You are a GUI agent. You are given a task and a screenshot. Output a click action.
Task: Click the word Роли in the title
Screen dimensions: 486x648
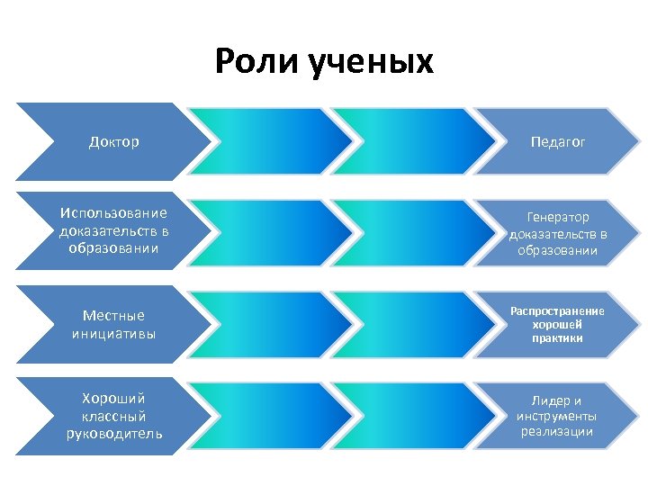pyautogui.click(x=257, y=63)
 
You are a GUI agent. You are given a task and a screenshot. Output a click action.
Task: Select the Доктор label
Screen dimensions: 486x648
pyautogui.click(x=114, y=142)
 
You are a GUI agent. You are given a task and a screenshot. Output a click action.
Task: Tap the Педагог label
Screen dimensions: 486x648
pyautogui.click(x=558, y=142)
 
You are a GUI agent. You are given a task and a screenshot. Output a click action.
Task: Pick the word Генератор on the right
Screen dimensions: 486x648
pyautogui.click(x=558, y=218)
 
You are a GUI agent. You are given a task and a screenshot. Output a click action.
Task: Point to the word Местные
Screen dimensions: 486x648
pyautogui.click(x=113, y=315)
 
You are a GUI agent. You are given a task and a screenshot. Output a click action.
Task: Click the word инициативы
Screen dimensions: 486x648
pyautogui.click(x=113, y=334)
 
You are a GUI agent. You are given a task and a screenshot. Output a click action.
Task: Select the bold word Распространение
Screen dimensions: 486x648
pyautogui.click(x=557, y=310)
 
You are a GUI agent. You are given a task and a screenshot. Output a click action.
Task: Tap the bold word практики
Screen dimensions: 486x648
pyautogui.click(x=557, y=338)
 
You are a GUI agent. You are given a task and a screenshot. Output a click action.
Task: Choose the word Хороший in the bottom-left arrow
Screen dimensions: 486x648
pyautogui.click(x=113, y=398)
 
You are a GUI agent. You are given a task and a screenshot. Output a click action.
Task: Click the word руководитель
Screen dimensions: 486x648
pyautogui.click(x=113, y=435)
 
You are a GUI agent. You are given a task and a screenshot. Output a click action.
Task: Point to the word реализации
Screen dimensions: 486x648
pyautogui.click(x=557, y=432)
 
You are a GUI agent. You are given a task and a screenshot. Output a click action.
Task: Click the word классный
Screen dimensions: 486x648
pyautogui.click(x=113, y=417)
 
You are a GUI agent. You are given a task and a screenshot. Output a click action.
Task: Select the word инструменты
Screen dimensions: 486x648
pyautogui.click(x=557, y=416)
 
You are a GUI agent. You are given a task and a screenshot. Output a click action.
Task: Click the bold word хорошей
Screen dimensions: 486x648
pyautogui.click(x=557, y=324)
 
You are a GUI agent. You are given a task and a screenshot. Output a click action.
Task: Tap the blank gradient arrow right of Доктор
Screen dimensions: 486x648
pyautogui.click(x=270, y=142)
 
